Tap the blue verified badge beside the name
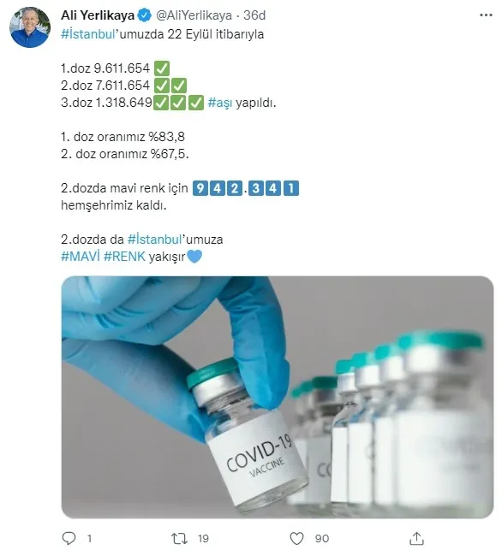coord(140,16)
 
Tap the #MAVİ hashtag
coord(81,257)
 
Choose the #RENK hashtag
coord(124,257)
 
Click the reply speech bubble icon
coord(69,538)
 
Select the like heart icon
coord(297,538)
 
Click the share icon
coord(417,538)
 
